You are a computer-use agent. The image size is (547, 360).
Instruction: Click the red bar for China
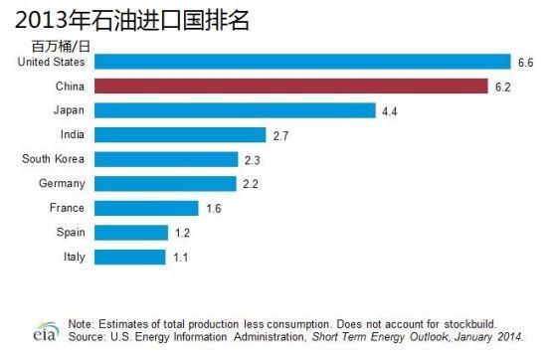pos(291,87)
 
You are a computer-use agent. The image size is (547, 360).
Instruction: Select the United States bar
pos(302,62)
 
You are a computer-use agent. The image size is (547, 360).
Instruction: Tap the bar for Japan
pos(235,110)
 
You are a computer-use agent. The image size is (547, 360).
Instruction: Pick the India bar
pos(180,135)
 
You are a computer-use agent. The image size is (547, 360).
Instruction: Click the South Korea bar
pos(166,159)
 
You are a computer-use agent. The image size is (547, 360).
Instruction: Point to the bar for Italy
pos(129,258)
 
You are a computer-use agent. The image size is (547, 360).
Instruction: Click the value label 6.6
pos(525,63)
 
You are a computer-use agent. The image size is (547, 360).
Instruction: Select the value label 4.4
pos(389,111)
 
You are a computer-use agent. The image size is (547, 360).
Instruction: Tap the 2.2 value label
pos(251,184)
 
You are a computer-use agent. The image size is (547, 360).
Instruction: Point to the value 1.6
pos(214,209)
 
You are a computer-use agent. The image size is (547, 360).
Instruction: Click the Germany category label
pos(62,184)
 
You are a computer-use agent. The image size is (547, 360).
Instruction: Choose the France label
pos(67,208)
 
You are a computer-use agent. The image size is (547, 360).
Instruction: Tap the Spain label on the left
pos(71,233)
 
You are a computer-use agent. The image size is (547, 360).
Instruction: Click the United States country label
pos(52,62)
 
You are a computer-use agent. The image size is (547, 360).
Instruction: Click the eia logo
pos(46,331)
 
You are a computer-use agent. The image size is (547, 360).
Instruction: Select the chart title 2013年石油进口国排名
pos(132,20)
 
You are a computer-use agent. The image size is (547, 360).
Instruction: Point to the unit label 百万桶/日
pos(61,47)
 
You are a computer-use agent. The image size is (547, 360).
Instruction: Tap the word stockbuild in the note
pos(469,324)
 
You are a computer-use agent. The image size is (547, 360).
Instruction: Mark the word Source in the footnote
pos(87,337)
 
